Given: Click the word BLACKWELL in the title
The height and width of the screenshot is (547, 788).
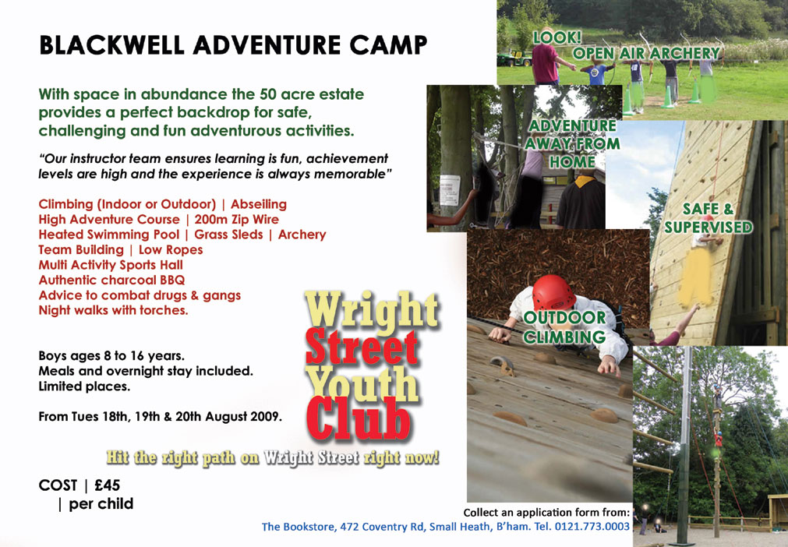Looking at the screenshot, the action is pyautogui.click(x=111, y=46).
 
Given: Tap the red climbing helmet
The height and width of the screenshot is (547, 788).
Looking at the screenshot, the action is pyautogui.click(x=553, y=292).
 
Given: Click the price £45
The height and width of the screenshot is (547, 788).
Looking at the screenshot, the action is pyautogui.click(x=107, y=485).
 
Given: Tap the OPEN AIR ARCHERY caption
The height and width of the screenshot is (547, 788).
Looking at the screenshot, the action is pyautogui.click(x=646, y=53).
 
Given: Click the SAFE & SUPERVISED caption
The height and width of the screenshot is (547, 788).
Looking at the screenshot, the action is pyautogui.click(x=708, y=218).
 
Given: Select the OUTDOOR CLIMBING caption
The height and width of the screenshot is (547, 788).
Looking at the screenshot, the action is pyautogui.click(x=564, y=327).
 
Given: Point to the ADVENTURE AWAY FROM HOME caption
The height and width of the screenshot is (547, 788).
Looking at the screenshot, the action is pyautogui.click(x=572, y=143).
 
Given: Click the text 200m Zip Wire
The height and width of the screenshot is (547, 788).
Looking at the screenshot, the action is pyautogui.click(x=236, y=220).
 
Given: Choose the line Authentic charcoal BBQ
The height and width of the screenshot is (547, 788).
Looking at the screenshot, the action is pyautogui.click(x=111, y=280).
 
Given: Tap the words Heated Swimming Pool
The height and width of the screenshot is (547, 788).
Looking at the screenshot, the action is pyautogui.click(x=108, y=235).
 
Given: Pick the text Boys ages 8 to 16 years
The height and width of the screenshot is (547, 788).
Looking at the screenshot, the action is pyautogui.click(x=111, y=356).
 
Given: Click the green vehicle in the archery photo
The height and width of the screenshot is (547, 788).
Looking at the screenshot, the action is pyautogui.click(x=514, y=58).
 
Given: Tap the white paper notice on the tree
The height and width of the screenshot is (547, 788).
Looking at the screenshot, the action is pyautogui.click(x=450, y=190).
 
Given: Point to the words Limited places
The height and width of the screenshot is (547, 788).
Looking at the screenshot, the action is pyautogui.click(x=84, y=386).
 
